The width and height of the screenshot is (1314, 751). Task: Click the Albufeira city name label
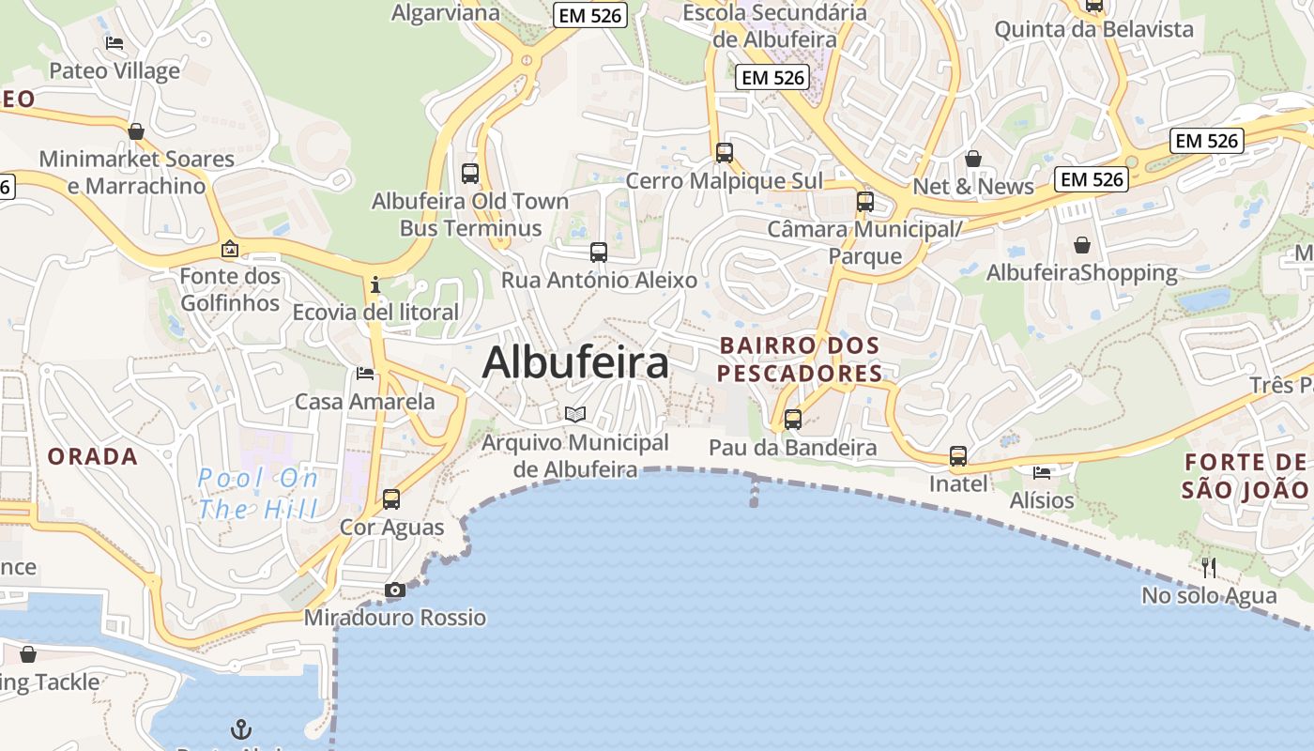tap(575, 363)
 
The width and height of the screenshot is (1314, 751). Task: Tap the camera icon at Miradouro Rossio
tap(395, 590)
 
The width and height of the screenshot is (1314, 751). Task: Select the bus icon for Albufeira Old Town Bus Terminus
tap(470, 174)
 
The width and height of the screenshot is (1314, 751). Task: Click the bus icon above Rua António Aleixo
tap(599, 253)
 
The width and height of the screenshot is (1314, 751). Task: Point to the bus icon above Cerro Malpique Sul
tap(725, 153)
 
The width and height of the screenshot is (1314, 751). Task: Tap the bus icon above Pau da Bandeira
tap(793, 420)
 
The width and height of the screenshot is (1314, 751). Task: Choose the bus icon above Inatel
tap(958, 456)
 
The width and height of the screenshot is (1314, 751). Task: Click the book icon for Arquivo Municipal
tap(575, 414)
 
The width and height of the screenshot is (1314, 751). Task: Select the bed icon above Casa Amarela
tap(365, 374)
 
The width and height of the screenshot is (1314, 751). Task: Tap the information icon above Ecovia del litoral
tap(375, 284)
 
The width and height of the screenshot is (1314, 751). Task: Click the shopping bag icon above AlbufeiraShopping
tap(1082, 245)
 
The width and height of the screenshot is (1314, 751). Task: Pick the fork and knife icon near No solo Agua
tap(1209, 567)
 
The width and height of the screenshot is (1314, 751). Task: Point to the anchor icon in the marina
tap(241, 728)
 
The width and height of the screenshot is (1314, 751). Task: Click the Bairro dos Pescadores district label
tap(800, 360)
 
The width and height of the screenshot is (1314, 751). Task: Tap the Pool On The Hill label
tap(258, 494)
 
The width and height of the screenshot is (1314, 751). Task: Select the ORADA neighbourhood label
tap(93, 457)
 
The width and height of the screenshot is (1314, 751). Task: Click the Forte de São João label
tap(1245, 475)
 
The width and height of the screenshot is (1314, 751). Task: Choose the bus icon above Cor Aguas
tap(391, 499)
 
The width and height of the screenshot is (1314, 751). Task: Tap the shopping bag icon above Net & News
tap(973, 159)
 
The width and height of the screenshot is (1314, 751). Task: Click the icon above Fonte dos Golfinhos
tap(230, 249)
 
